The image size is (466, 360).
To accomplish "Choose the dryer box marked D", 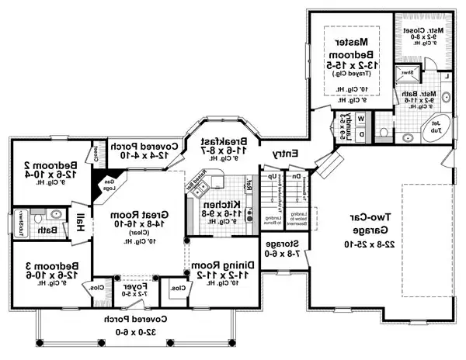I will pos(363,133).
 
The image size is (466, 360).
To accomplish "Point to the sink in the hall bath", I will pos(54,215).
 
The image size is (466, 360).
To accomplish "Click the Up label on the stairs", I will pos(272,175).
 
